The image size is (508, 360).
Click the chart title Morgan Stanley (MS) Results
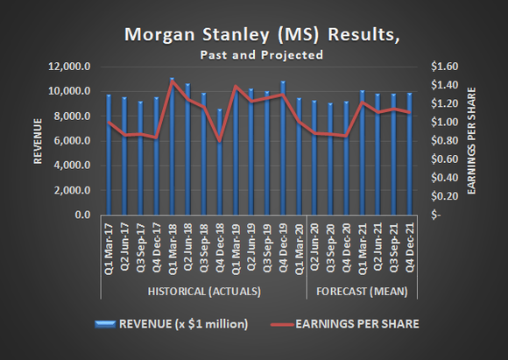click(254, 35)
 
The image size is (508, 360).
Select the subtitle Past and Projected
click(254, 54)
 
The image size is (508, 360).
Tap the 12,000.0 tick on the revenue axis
click(74, 67)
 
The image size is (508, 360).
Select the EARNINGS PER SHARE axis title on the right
click(472, 140)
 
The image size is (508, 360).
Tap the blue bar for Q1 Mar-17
click(109, 154)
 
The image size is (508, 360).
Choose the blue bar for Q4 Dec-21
click(410, 154)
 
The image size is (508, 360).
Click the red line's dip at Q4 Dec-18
click(220, 140)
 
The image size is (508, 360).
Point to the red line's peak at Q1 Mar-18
click(172, 81)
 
